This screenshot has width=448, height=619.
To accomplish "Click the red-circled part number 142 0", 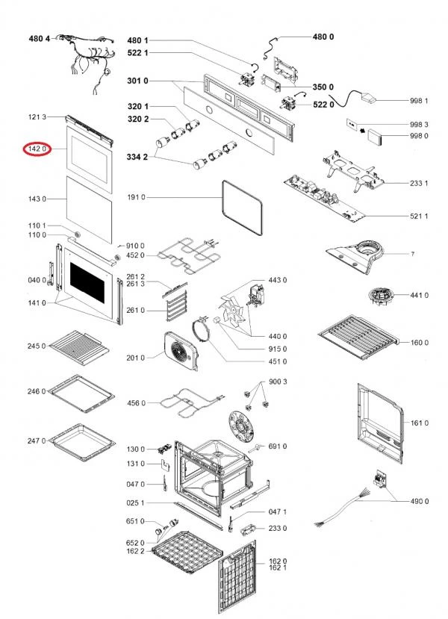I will [x=37, y=149].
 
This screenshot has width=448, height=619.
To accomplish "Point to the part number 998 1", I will [x=418, y=100].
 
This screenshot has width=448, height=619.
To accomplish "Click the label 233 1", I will [x=418, y=183].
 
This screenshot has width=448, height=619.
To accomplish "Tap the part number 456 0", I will [x=135, y=403].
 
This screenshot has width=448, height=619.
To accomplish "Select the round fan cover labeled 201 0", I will [x=181, y=353].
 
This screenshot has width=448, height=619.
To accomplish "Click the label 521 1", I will [x=418, y=216].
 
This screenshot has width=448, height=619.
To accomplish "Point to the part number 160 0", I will [x=419, y=343].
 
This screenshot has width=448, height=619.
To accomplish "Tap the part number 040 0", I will [x=36, y=281].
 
